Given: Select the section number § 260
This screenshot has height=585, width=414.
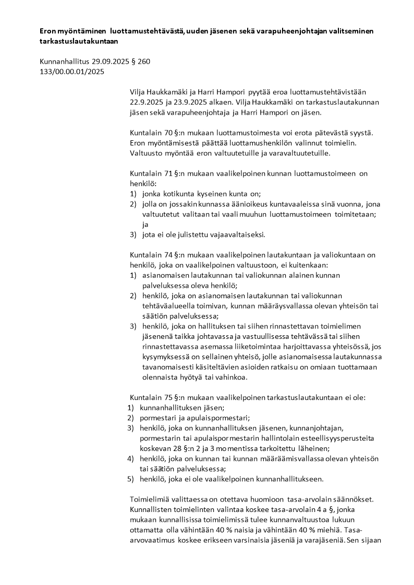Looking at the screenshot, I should click(141, 62).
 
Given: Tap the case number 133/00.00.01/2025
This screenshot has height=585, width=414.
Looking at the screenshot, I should click(72, 72).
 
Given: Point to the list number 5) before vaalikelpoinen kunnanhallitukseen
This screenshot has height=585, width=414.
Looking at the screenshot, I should click(131, 479).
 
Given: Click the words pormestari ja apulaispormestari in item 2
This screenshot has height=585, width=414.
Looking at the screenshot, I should click(194, 418).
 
